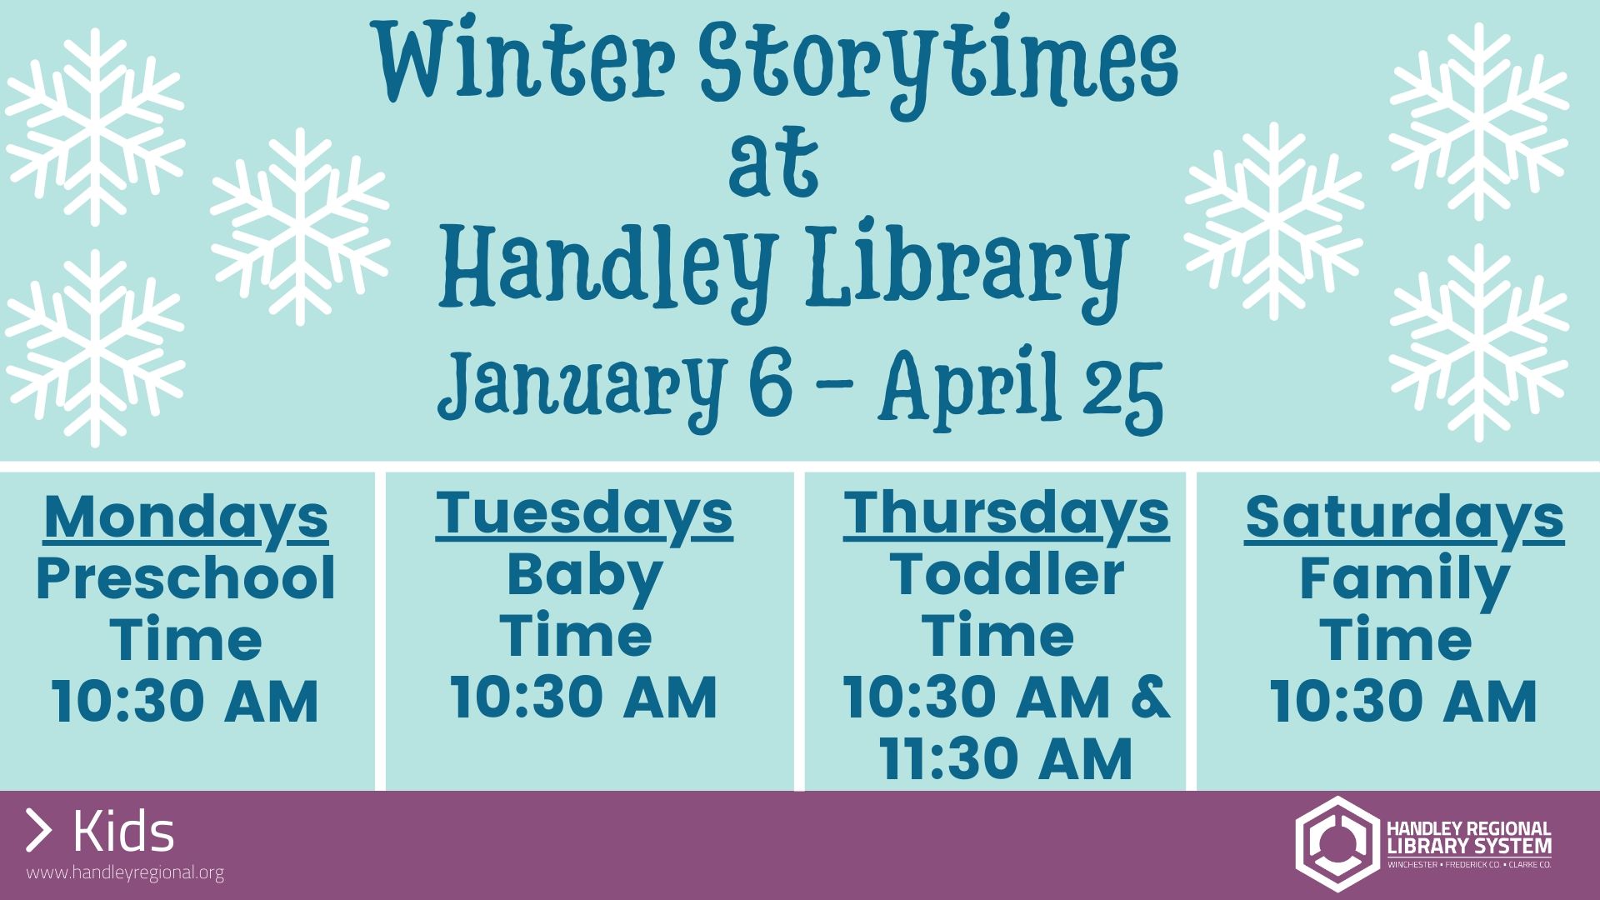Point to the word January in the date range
580,388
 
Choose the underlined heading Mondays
186,518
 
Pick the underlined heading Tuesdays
584,514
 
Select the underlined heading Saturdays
1404,518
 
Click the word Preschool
186,578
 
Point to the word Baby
584,577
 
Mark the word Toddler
1007,574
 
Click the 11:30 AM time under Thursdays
1007,758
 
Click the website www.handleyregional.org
125,872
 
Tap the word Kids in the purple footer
124,831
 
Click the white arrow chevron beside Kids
38,830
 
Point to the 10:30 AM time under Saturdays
1404,701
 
